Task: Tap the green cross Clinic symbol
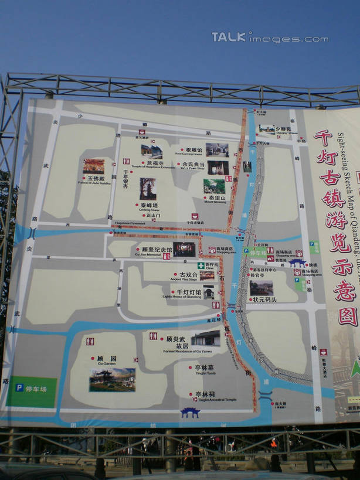point(201,265)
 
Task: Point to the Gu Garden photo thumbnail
point(112,380)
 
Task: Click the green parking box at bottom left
point(32,392)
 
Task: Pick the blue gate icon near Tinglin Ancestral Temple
point(190,413)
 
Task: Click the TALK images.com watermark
point(270,38)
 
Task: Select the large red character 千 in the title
point(322,138)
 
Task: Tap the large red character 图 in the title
point(347,316)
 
